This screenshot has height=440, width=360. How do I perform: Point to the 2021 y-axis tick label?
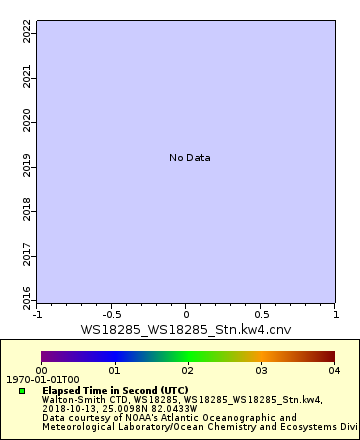[x=27, y=78]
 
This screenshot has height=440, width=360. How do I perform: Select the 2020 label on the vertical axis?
[x=27, y=122]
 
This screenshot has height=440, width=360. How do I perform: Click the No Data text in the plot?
[x=189, y=158]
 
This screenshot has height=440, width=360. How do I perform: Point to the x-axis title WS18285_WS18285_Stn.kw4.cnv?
[x=186, y=329]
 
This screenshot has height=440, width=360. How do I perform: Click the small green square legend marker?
[x=22, y=391]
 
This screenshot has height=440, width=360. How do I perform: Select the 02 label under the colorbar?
[x=187, y=370]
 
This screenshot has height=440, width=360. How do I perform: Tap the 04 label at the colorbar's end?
[x=334, y=370]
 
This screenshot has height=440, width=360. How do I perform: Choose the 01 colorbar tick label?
[x=114, y=370]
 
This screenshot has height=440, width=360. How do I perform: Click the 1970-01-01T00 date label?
[x=29, y=380]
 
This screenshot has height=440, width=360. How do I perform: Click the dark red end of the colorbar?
[x=326, y=356]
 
